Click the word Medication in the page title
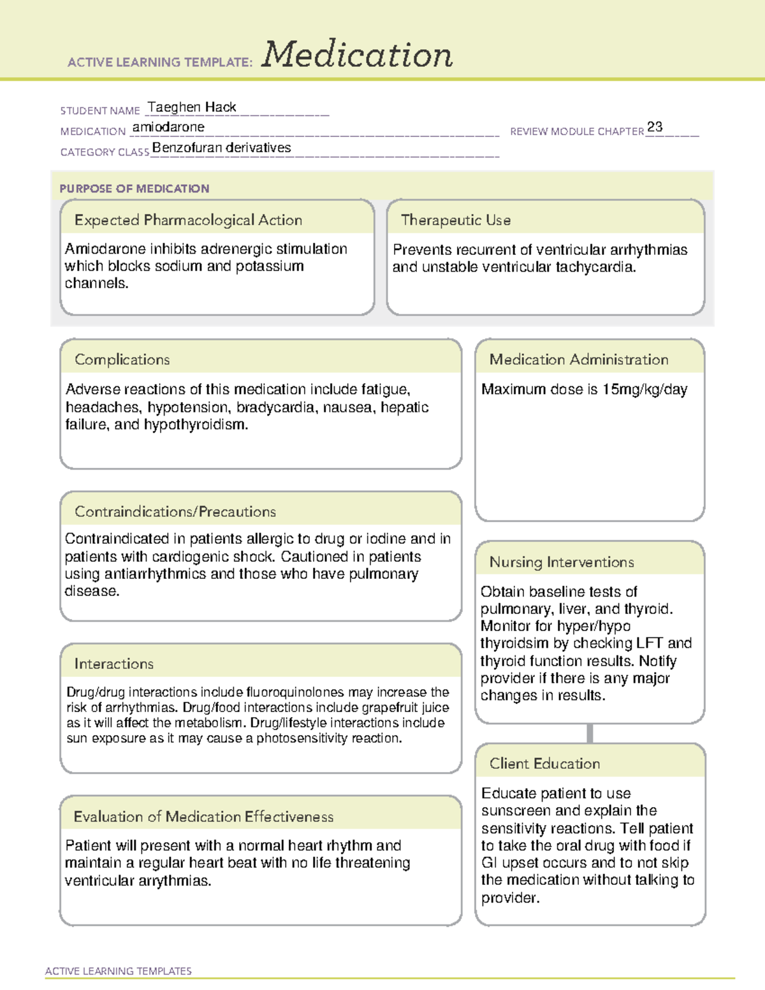[357, 55]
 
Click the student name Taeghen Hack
[192, 107]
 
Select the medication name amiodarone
[168, 127]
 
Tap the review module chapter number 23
[655, 127]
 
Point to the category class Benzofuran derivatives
[221, 148]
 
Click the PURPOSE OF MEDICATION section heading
[134, 189]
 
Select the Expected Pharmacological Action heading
[188, 220]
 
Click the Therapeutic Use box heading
[455, 220]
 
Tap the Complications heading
[122, 360]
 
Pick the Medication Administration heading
[578, 360]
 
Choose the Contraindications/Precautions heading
[175, 511]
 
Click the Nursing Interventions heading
[561, 562]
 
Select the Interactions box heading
[113, 664]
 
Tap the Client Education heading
[544, 763]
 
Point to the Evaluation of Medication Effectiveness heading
[203, 817]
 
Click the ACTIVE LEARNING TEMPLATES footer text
[118, 971]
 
